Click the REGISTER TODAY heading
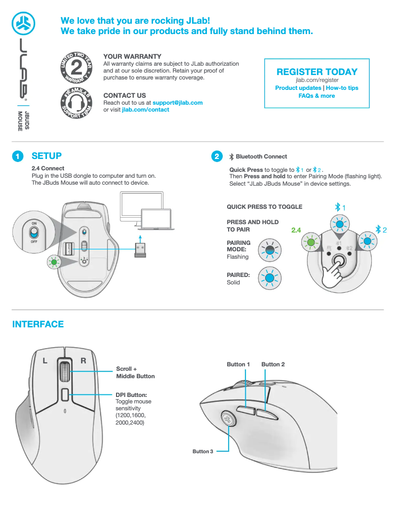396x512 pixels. click(317, 72)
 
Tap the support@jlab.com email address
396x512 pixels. click(177, 103)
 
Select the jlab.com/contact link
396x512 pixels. click(145, 110)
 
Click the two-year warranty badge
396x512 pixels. click(76, 67)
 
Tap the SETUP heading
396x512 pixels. click(46, 156)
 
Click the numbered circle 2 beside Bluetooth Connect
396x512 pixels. click(216, 157)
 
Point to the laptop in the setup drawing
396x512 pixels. click(156, 218)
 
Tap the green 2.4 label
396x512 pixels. click(296, 230)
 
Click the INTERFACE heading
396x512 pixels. click(38, 324)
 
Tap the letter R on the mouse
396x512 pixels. click(83, 361)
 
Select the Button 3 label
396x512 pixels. click(203, 451)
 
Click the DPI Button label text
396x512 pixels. click(131, 394)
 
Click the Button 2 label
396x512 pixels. click(273, 364)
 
